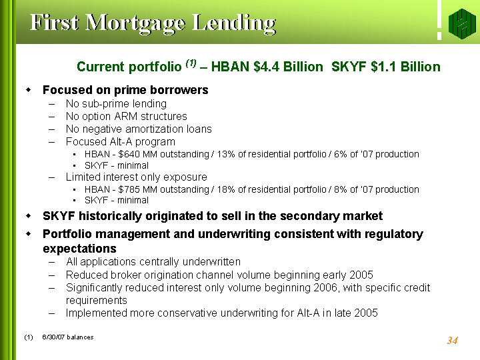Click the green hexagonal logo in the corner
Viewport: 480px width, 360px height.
[462, 24]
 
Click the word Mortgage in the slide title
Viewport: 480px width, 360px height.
[135, 24]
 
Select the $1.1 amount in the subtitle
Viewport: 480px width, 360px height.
[383, 67]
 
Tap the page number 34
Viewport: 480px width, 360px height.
[453, 341]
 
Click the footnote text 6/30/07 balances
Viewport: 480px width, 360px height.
[68, 337]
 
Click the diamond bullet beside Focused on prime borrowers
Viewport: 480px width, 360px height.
[29, 90]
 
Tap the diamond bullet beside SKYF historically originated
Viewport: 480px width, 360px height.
[29, 216]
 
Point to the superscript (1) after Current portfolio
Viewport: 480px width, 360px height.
[191, 63]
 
